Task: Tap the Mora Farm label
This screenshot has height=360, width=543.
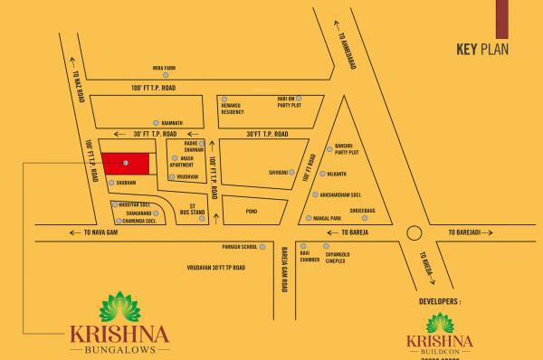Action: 165,67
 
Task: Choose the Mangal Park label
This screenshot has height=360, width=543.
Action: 329,218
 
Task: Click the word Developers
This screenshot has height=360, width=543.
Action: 441,298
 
